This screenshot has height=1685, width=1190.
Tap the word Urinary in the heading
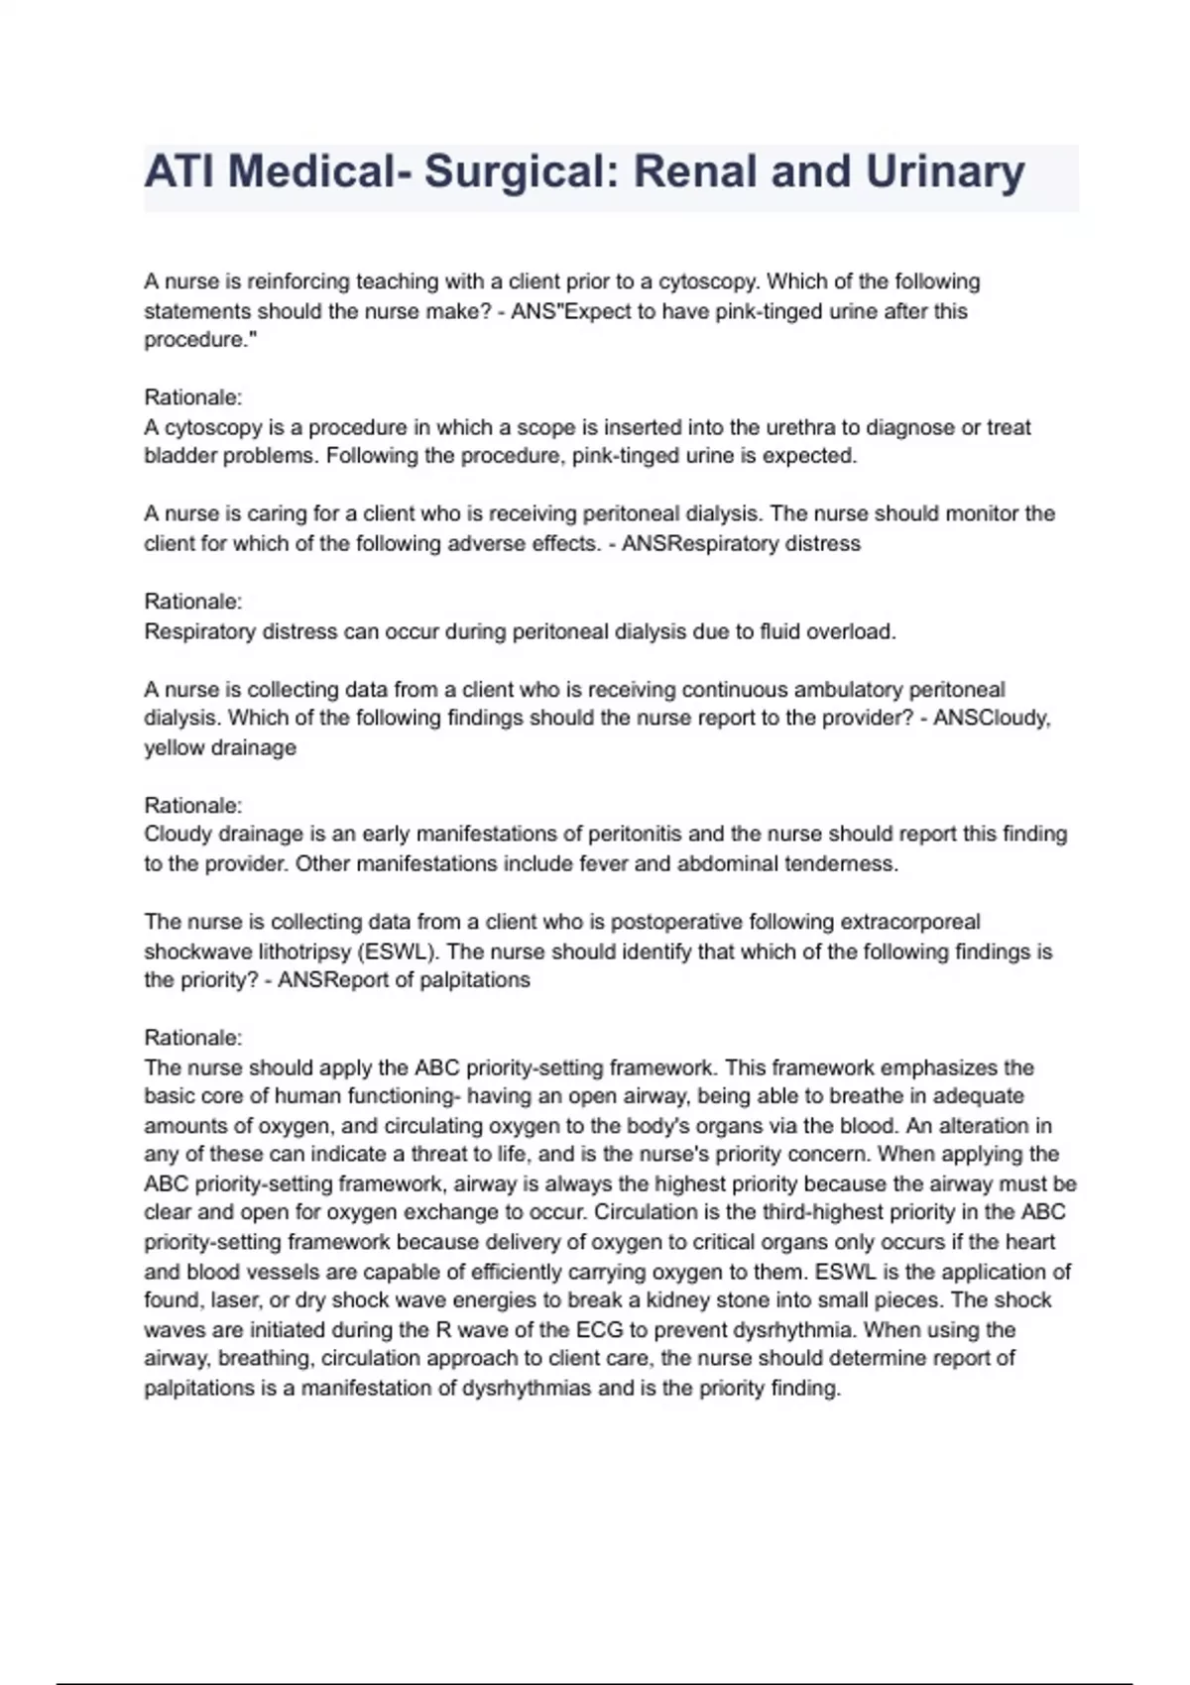pyautogui.click(x=945, y=171)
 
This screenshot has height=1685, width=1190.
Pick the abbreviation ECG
pyautogui.click(x=599, y=1329)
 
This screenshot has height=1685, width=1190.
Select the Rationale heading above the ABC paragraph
pyautogui.click(x=193, y=1038)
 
